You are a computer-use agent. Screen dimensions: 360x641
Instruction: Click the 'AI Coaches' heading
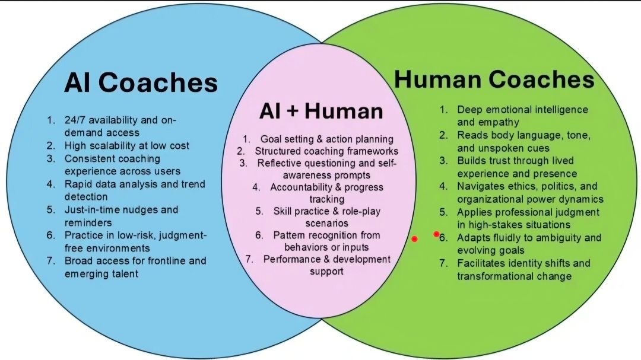(x=141, y=84)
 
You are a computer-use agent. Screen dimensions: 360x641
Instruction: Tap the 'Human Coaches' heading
(x=494, y=79)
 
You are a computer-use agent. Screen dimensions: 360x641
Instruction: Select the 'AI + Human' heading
(x=320, y=111)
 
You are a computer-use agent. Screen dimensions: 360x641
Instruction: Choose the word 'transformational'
(x=493, y=276)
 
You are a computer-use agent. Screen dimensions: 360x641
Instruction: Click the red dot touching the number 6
(x=436, y=234)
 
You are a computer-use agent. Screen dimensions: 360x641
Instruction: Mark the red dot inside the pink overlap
(x=414, y=239)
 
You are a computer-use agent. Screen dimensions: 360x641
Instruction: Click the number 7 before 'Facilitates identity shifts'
(x=443, y=263)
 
